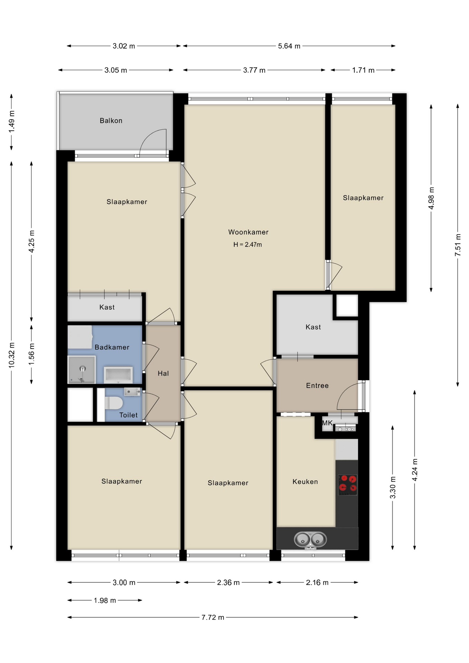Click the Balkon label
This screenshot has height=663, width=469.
[x=111, y=121]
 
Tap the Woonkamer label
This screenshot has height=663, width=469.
[x=248, y=232]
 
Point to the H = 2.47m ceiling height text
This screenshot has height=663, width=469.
[x=247, y=244]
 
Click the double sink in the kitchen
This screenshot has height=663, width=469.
[x=310, y=539]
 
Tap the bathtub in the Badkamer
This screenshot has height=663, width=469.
[x=118, y=375]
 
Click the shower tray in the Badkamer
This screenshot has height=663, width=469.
[x=82, y=370]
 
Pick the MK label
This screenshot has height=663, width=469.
[x=327, y=423]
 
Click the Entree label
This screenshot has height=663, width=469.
[x=317, y=385]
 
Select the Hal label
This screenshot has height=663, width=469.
[x=163, y=373]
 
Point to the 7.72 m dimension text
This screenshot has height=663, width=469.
[x=213, y=617]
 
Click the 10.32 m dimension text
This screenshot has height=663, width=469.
[x=12, y=355]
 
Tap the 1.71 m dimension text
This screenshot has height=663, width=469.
[x=363, y=70]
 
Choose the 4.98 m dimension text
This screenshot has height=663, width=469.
[x=431, y=198]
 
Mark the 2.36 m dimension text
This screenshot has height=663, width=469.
[x=228, y=583]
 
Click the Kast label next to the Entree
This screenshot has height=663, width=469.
[x=313, y=327]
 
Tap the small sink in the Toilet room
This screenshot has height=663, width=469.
[x=132, y=392]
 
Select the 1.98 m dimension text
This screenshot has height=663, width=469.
[x=105, y=600]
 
